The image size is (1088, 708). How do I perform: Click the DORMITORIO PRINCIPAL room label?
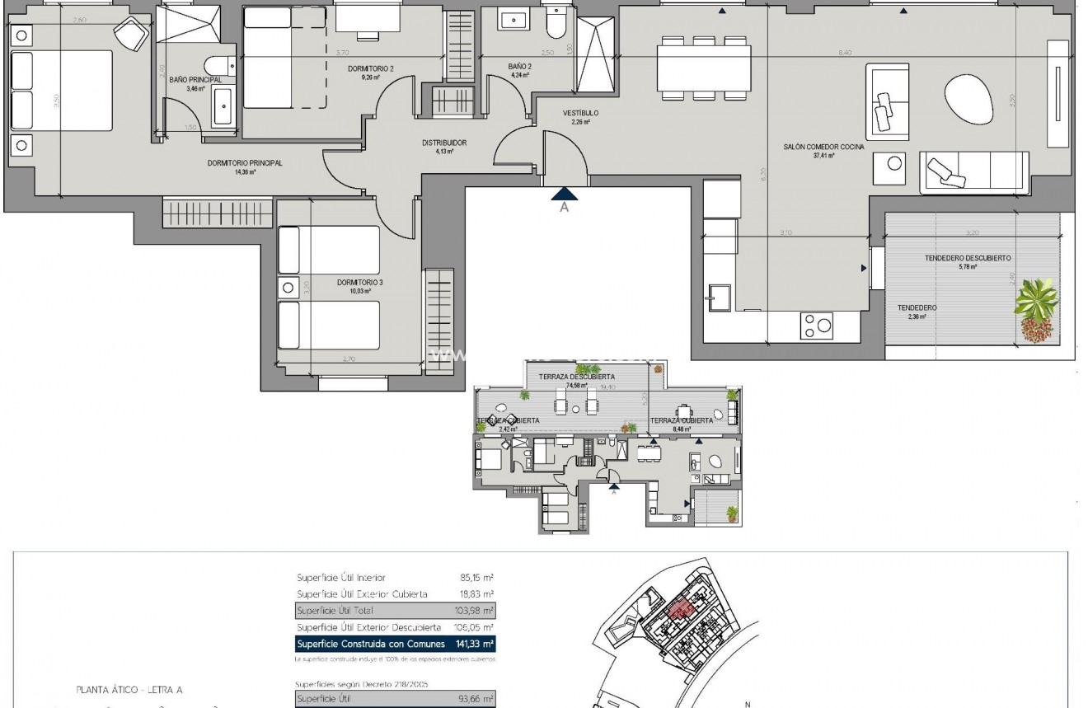click(245, 163)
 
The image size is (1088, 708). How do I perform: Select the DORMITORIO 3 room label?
click(354, 282)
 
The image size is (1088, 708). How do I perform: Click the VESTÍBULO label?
click(580, 113)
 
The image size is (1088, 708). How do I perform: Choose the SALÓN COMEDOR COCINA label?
click(823, 147)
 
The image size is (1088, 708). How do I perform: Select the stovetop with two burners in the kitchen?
click(816, 326)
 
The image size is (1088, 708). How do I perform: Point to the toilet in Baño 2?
click(556, 25)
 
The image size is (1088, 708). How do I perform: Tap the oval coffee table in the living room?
click(969, 100)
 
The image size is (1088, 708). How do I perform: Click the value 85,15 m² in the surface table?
click(476, 578)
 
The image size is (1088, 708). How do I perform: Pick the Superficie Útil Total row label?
click(335, 611)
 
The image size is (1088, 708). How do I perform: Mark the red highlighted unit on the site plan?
click(680, 609)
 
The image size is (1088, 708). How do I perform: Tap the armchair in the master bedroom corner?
click(130, 35)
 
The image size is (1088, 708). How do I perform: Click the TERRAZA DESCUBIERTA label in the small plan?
click(576, 377)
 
